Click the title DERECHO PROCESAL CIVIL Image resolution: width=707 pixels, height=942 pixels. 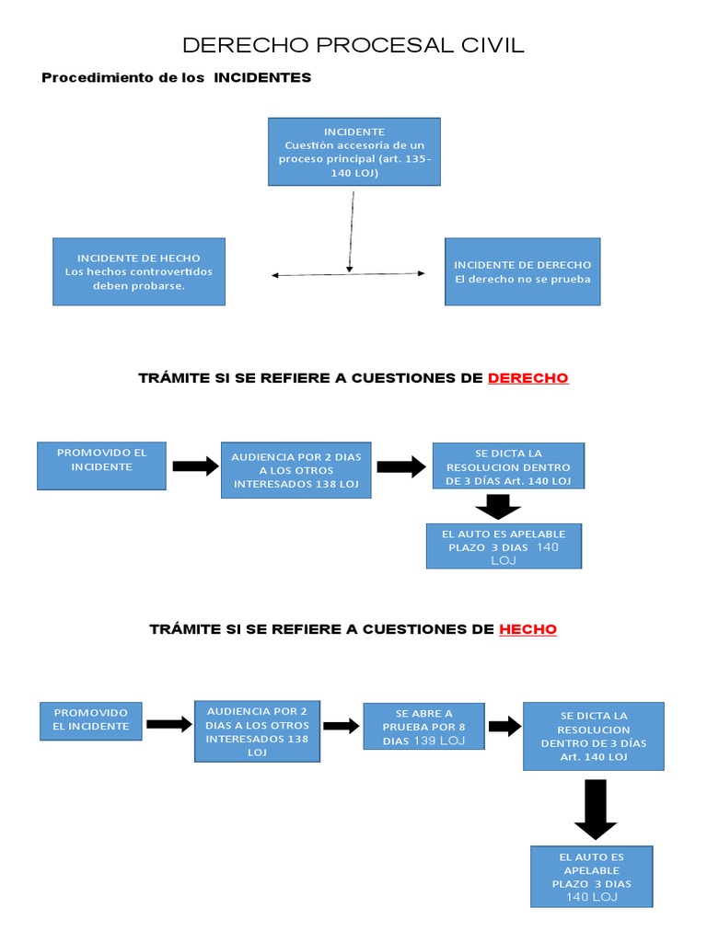pos(353,45)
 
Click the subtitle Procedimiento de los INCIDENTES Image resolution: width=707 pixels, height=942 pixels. pos(177,78)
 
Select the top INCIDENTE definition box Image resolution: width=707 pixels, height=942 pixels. pos(353,152)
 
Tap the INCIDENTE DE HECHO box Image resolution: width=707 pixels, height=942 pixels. pos(138,271)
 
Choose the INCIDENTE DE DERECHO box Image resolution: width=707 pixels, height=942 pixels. pos(522,271)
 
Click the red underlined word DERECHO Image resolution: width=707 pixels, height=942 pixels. pos(527,378)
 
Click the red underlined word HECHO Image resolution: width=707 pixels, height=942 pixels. pos(527,629)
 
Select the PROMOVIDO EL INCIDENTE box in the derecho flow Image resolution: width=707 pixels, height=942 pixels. pos(101,465)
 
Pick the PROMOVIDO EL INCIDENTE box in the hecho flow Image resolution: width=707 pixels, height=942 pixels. pos(91,719)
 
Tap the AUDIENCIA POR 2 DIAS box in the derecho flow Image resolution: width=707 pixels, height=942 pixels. pos(296,469)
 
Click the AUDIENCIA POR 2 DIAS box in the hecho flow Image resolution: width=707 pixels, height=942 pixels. pos(258,730)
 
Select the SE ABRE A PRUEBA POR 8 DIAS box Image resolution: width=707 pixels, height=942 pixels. pos(423,727)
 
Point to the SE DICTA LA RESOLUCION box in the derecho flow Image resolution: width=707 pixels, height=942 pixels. pos(509,466)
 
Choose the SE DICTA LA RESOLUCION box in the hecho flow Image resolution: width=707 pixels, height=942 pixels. pos(593,736)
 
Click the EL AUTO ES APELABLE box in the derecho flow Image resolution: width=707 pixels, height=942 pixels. pos(504,546)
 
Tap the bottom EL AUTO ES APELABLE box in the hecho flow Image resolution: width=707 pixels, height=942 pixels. pos(591,877)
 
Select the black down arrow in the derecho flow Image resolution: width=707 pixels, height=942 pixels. pos(498,507)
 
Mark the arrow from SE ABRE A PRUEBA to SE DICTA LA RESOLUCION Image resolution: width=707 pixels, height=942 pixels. pos(504,727)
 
